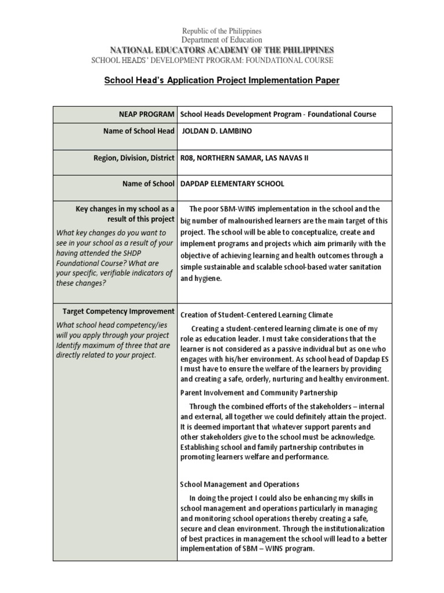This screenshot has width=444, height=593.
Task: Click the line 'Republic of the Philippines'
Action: (222, 31)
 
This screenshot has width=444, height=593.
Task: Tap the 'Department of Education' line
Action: (222, 40)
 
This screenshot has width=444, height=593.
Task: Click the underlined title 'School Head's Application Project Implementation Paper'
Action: (221, 80)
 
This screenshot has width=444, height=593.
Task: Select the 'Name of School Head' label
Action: (137, 131)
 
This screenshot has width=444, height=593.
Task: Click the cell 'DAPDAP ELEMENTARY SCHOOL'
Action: (232, 184)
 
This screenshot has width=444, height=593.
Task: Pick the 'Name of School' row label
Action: (148, 184)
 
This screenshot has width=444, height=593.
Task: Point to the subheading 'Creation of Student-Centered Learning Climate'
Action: (257, 315)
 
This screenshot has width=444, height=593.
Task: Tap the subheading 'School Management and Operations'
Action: (239, 484)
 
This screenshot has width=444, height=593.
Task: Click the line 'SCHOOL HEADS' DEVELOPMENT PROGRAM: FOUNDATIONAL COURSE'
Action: (212, 60)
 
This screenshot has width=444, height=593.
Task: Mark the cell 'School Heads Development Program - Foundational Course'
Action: (278, 114)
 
